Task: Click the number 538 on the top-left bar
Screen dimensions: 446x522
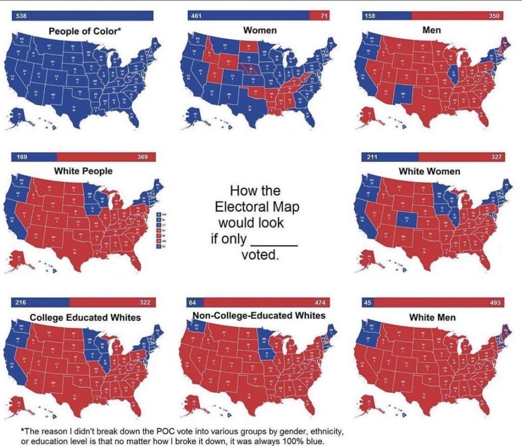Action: [21, 16]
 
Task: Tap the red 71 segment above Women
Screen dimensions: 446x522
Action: [319, 16]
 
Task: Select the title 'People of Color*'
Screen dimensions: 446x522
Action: [86, 32]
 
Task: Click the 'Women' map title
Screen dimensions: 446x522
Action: [260, 31]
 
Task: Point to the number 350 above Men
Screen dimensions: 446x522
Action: [494, 16]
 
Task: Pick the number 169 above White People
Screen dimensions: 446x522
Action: [21, 157]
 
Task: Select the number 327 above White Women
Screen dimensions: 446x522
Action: [496, 157]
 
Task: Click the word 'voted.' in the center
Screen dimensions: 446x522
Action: [260, 255]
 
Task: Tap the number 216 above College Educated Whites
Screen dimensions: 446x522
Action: [21, 303]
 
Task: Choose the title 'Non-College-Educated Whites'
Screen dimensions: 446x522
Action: [259, 316]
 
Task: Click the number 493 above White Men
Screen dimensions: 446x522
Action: [495, 303]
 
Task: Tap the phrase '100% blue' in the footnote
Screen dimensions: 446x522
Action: [302, 441]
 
